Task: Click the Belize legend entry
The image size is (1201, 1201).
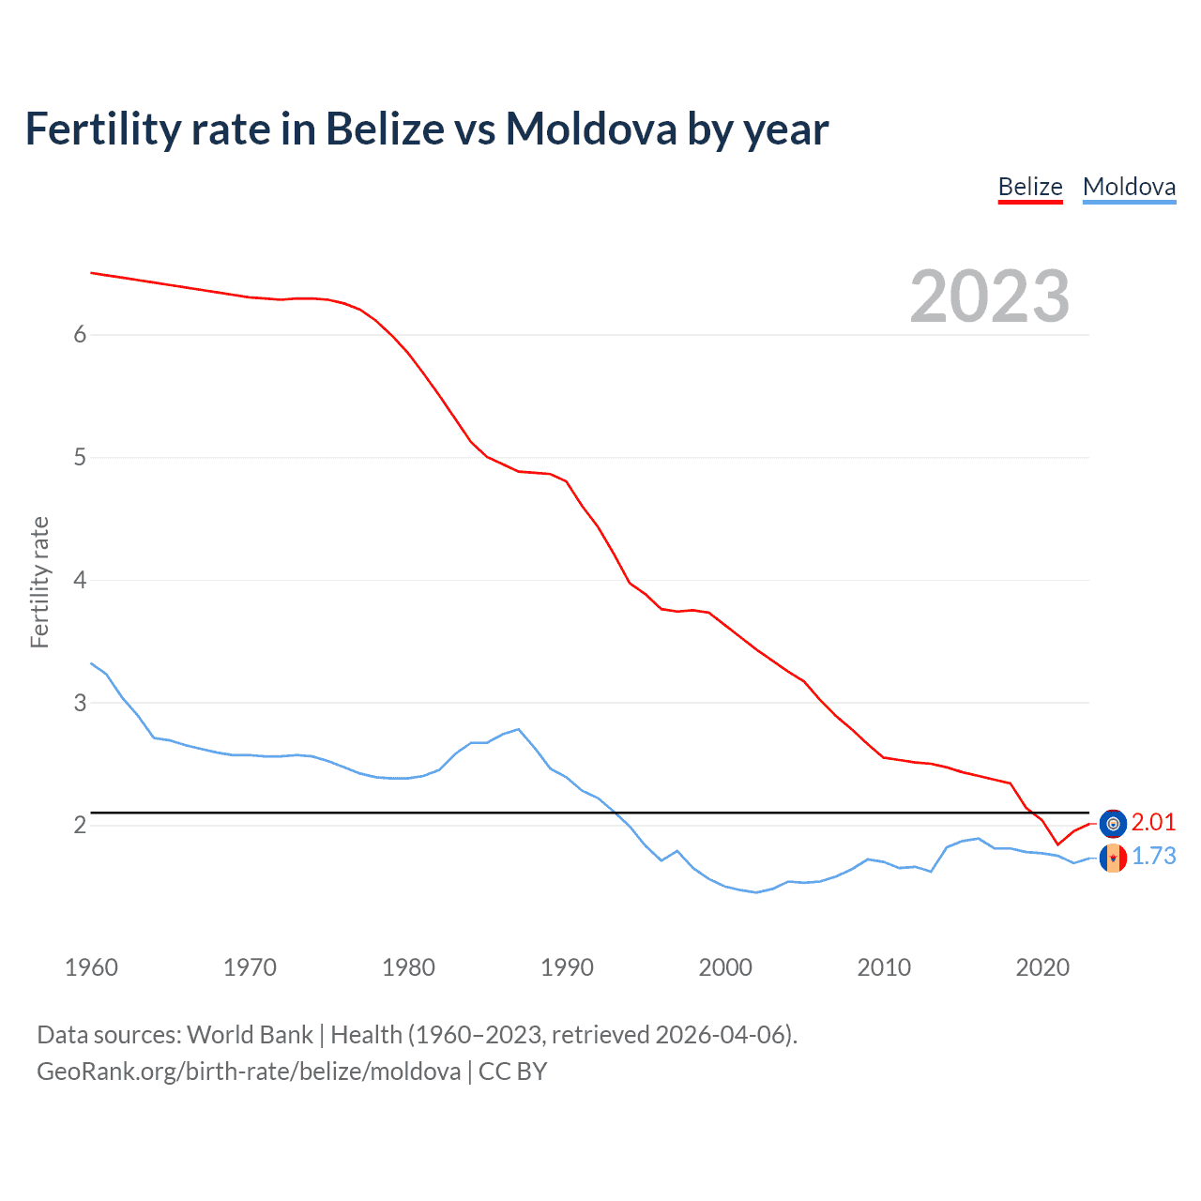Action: (x=1029, y=187)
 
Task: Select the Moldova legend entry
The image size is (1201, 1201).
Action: (x=1129, y=187)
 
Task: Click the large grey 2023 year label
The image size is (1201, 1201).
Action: (x=989, y=296)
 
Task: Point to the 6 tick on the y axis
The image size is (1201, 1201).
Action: (x=80, y=335)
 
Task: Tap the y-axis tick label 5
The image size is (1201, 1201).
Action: (x=80, y=458)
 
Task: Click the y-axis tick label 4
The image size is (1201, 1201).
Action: (x=80, y=580)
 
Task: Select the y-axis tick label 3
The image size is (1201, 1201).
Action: (x=80, y=703)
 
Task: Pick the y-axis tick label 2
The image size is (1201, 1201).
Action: (x=80, y=825)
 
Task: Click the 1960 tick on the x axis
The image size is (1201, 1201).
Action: (x=91, y=967)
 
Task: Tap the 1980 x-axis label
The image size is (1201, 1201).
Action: (x=408, y=967)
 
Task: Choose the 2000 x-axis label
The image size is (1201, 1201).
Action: (x=725, y=967)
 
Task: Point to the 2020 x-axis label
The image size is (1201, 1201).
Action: (x=1042, y=967)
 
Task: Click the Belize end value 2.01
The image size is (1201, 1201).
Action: (x=1153, y=823)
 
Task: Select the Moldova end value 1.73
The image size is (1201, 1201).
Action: (x=1153, y=857)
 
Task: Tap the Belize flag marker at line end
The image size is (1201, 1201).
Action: (x=1113, y=824)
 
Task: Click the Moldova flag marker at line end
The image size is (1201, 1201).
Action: (x=1113, y=858)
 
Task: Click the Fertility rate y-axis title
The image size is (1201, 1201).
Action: (x=39, y=582)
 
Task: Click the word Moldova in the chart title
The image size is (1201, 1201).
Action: (x=590, y=129)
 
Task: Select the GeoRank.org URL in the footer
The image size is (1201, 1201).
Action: (x=249, y=1072)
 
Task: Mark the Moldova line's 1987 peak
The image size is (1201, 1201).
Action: (x=519, y=729)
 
